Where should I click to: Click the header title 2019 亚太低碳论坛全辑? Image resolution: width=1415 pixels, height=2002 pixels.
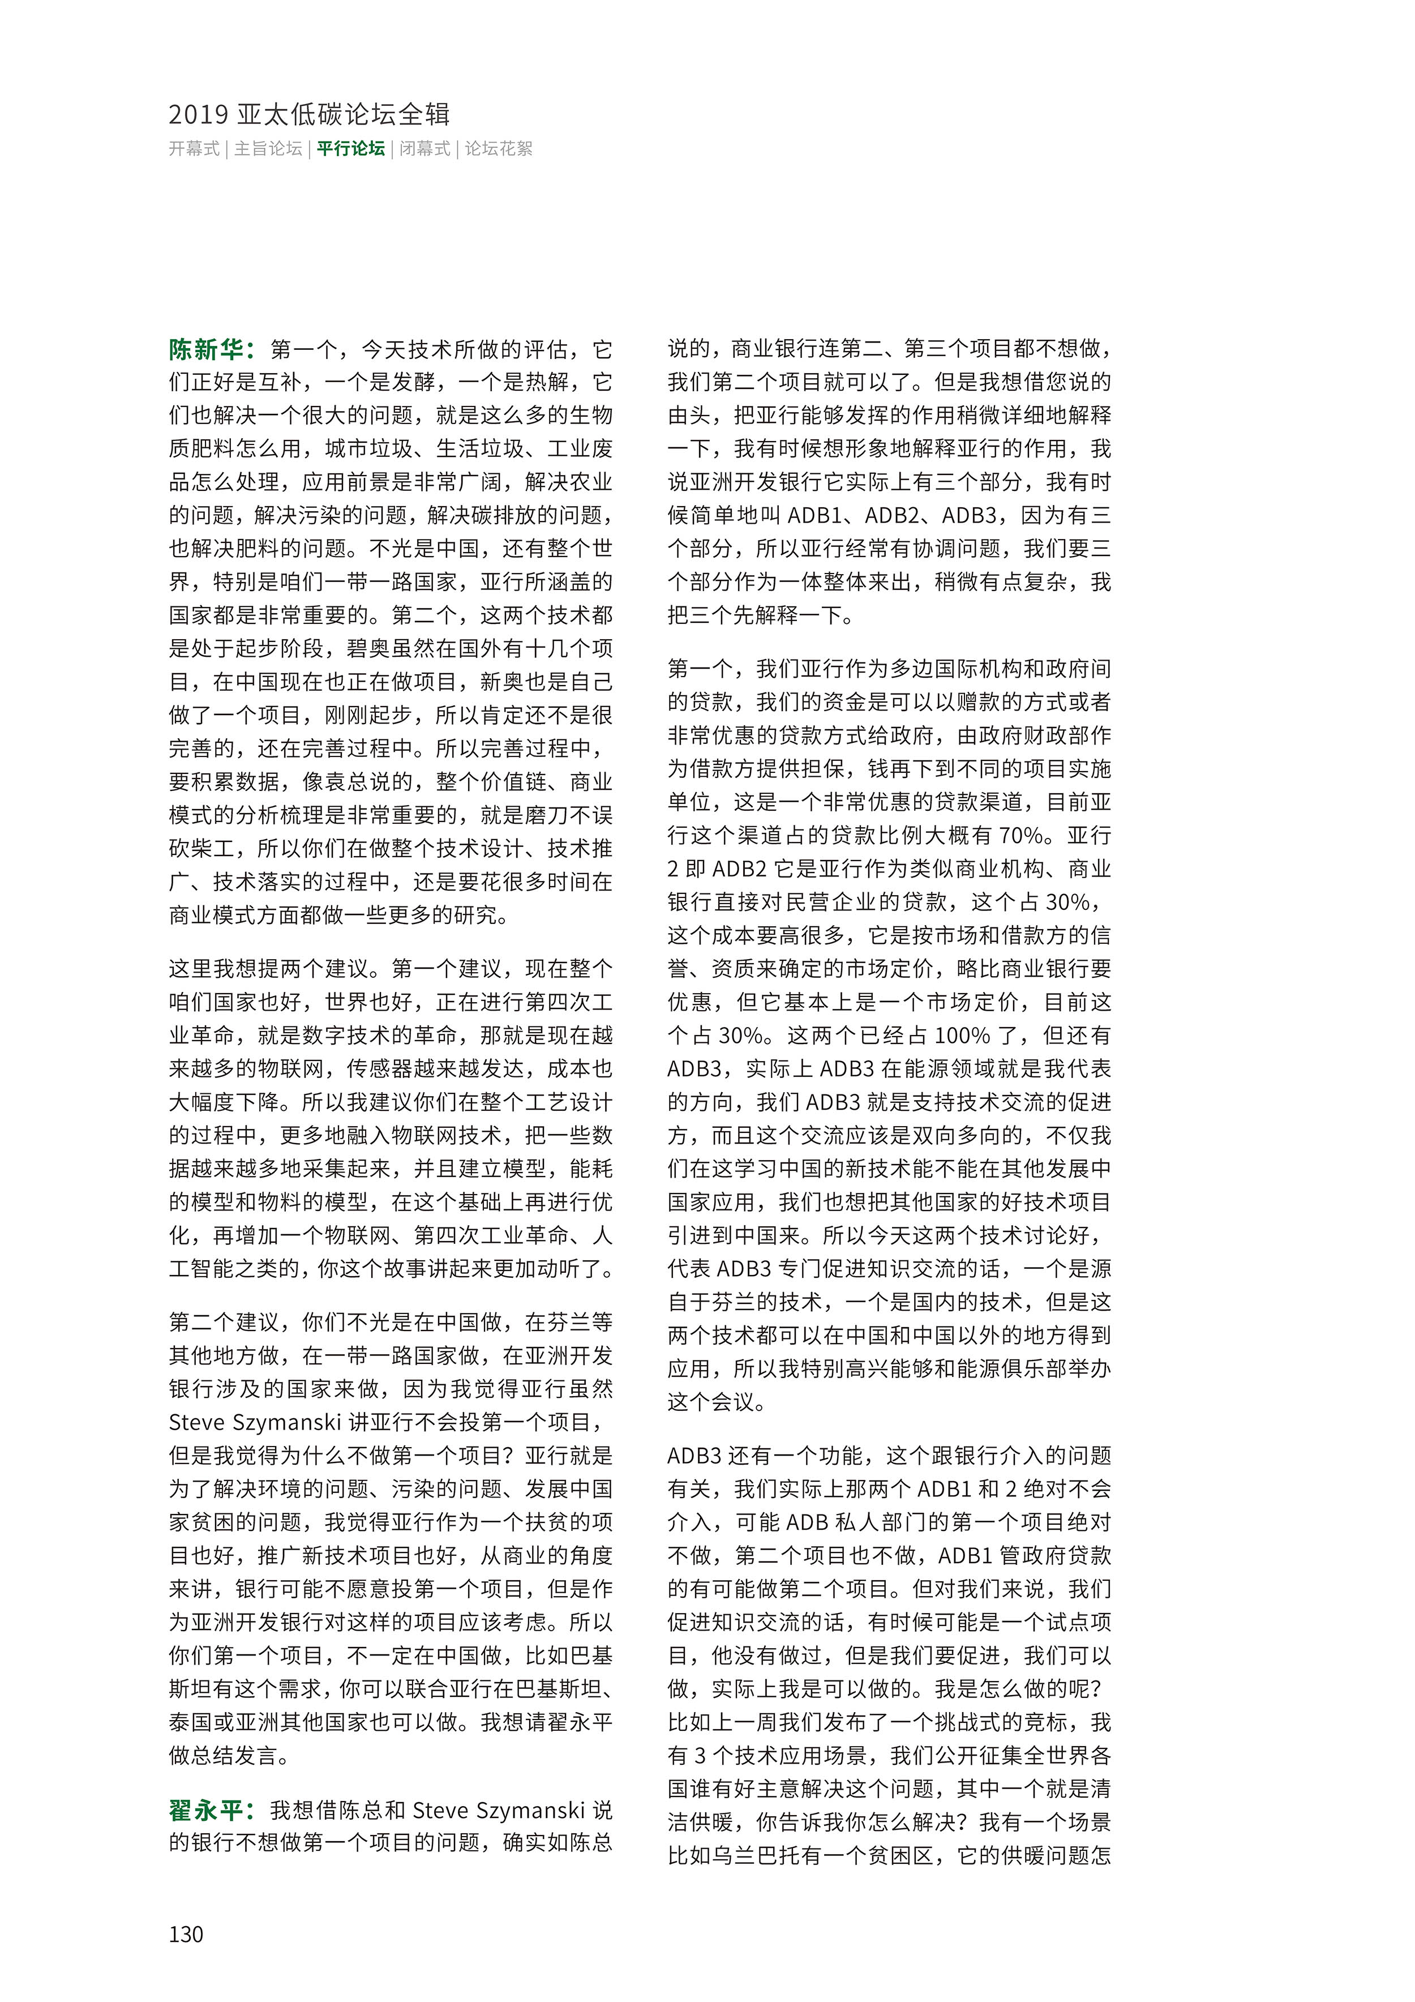coord(310,114)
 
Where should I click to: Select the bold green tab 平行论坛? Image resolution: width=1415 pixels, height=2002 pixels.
coord(350,148)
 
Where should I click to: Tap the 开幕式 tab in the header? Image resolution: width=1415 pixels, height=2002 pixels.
coord(194,148)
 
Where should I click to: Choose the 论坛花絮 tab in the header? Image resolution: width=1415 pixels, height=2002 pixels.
coord(498,148)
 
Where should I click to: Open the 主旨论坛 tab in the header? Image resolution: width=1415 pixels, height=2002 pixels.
coord(268,148)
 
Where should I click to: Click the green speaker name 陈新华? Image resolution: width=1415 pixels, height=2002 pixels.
coord(206,350)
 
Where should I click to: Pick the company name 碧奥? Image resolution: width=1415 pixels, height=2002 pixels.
coord(369,649)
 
